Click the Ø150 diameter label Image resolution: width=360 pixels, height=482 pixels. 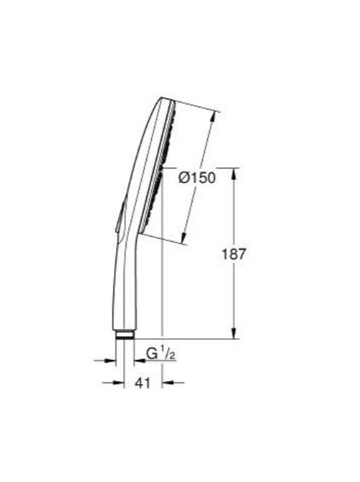pos(197,178)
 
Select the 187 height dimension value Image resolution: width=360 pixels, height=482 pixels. pos(234,254)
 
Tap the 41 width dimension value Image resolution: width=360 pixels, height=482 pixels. pos(143,383)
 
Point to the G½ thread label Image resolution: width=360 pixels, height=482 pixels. pos(160,354)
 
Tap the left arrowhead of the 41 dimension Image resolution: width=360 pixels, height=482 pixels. pos(119,383)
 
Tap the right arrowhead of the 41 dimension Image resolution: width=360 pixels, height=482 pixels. pos(167,383)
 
